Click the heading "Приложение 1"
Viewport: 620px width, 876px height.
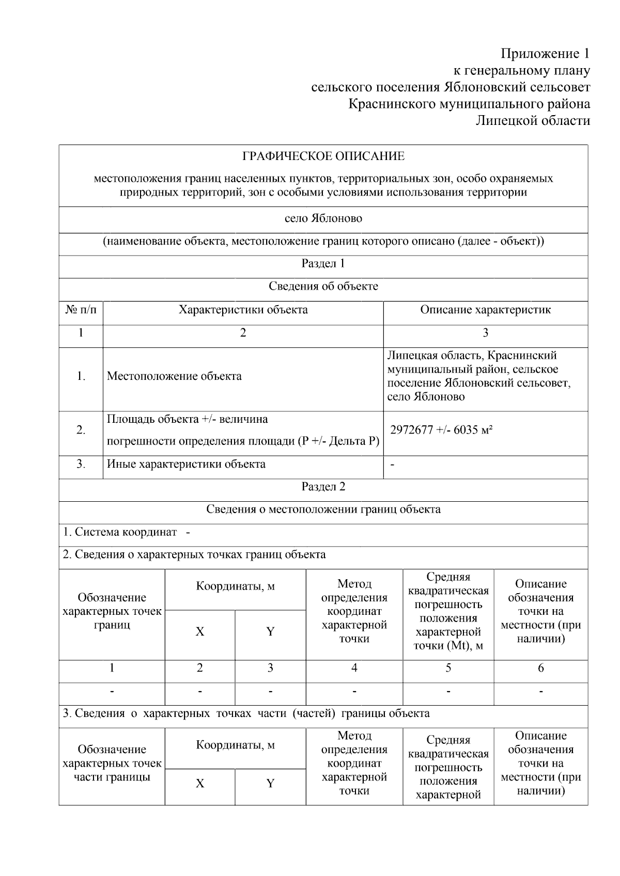(x=545, y=54)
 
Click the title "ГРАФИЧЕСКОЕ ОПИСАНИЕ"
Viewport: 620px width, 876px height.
(x=323, y=156)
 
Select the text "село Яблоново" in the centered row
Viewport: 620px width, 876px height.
(x=323, y=218)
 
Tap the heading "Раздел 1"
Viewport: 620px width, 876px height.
(x=323, y=264)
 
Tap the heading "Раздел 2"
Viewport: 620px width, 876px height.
(x=323, y=487)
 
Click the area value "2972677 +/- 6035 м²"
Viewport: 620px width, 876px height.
(x=441, y=430)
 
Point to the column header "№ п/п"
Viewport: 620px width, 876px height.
(x=81, y=310)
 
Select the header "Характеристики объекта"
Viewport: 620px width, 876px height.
(x=243, y=310)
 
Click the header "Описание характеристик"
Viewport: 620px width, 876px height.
(x=485, y=310)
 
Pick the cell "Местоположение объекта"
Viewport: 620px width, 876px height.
(x=174, y=376)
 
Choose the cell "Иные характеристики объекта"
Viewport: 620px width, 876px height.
(x=186, y=464)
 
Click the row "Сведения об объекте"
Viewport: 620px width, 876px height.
(x=323, y=286)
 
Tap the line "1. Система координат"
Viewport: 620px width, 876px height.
(x=120, y=532)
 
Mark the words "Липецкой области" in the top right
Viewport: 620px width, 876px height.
(x=532, y=121)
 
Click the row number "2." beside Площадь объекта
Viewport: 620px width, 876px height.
(x=81, y=430)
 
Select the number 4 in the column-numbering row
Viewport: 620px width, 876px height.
(x=354, y=668)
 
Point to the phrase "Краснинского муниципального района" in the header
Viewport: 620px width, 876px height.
(x=469, y=104)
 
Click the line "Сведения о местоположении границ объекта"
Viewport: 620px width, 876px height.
(x=323, y=509)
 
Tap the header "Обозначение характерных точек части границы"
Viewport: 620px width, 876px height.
(x=112, y=763)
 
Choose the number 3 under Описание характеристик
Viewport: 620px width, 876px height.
(x=485, y=333)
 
